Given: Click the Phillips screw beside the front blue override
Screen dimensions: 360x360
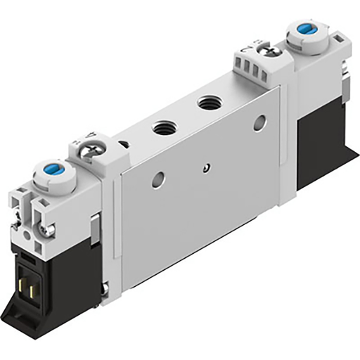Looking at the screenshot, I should tap(90, 148).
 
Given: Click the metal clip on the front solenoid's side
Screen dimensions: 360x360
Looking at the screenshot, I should tap(96, 226).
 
